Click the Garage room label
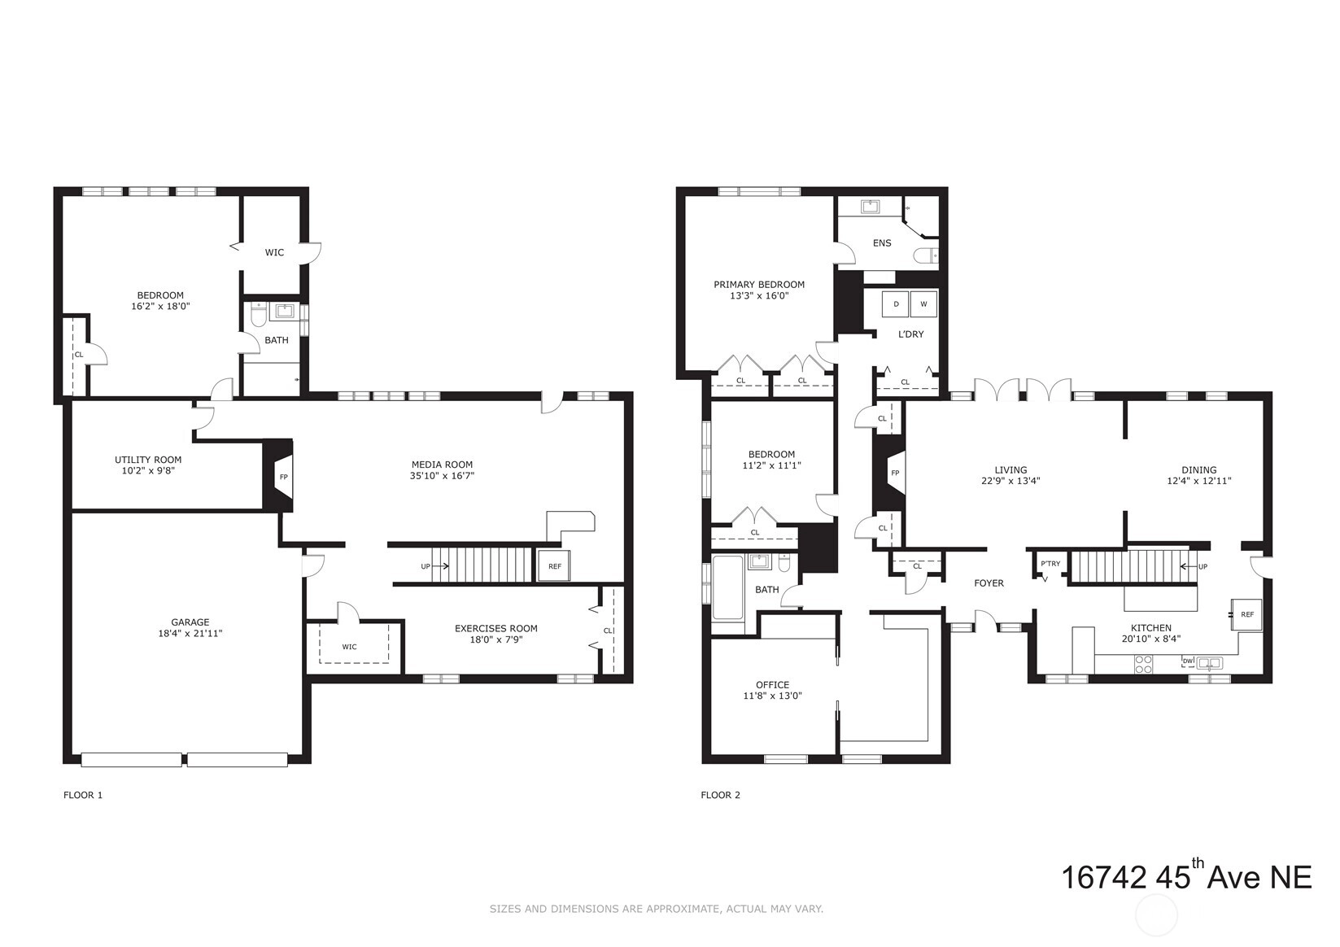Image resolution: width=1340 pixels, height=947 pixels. tap(190, 622)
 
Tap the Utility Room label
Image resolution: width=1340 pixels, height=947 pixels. tap(148, 460)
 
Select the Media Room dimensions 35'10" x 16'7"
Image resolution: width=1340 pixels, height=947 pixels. tap(442, 476)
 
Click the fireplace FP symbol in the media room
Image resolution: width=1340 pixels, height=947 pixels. tap(284, 477)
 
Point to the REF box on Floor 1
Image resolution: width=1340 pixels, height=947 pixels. tap(555, 566)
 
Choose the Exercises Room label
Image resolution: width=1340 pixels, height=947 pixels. tap(496, 628)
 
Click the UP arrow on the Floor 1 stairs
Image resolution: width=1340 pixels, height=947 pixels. tap(439, 566)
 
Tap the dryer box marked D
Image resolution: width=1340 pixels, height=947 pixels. tap(896, 304)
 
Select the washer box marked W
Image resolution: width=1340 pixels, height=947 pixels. tap(923, 304)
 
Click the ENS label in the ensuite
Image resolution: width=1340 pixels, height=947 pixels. tap(882, 243)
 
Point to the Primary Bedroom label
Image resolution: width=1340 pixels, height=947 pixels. tap(759, 285)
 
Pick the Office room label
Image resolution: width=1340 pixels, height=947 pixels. tap(772, 684)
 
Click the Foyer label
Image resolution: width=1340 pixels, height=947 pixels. tap(989, 583)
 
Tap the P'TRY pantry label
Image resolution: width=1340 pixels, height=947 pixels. tap(1050, 564)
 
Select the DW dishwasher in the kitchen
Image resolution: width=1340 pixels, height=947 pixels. tap(1188, 661)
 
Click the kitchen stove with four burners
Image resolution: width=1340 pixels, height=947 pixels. tap(1144, 664)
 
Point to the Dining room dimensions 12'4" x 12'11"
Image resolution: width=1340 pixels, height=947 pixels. tap(1198, 480)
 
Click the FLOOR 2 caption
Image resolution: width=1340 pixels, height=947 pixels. tap(720, 794)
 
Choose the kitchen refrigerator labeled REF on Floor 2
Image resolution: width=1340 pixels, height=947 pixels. tap(1246, 614)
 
